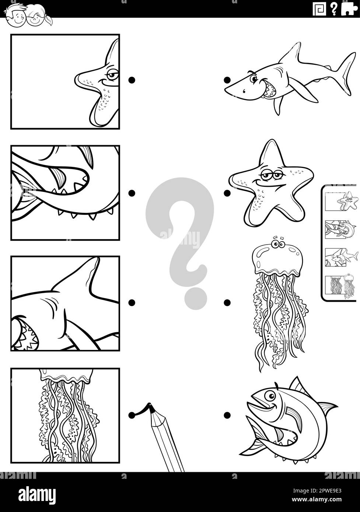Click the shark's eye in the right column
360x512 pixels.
[254, 78]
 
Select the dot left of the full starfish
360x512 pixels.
[227, 193]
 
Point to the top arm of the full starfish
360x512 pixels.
[272, 151]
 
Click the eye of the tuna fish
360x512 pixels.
[272, 396]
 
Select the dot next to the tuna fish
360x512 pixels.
[227, 415]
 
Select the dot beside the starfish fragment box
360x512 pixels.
[132, 80]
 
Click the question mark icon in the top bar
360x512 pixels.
[333, 8]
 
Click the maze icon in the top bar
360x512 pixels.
[319, 9]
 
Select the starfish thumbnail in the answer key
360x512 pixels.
[342, 201]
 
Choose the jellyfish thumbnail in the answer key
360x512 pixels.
[342, 286]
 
